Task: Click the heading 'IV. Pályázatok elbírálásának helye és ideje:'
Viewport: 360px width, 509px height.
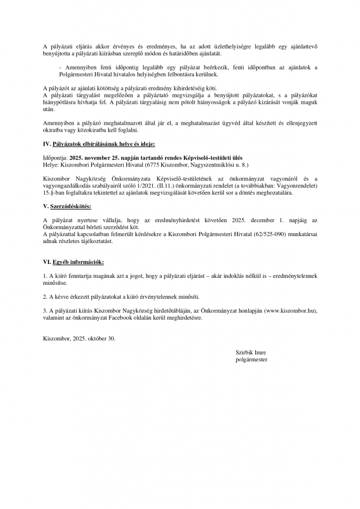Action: (99, 144)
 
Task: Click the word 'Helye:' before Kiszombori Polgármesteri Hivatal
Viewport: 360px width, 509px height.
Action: (50, 164)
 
